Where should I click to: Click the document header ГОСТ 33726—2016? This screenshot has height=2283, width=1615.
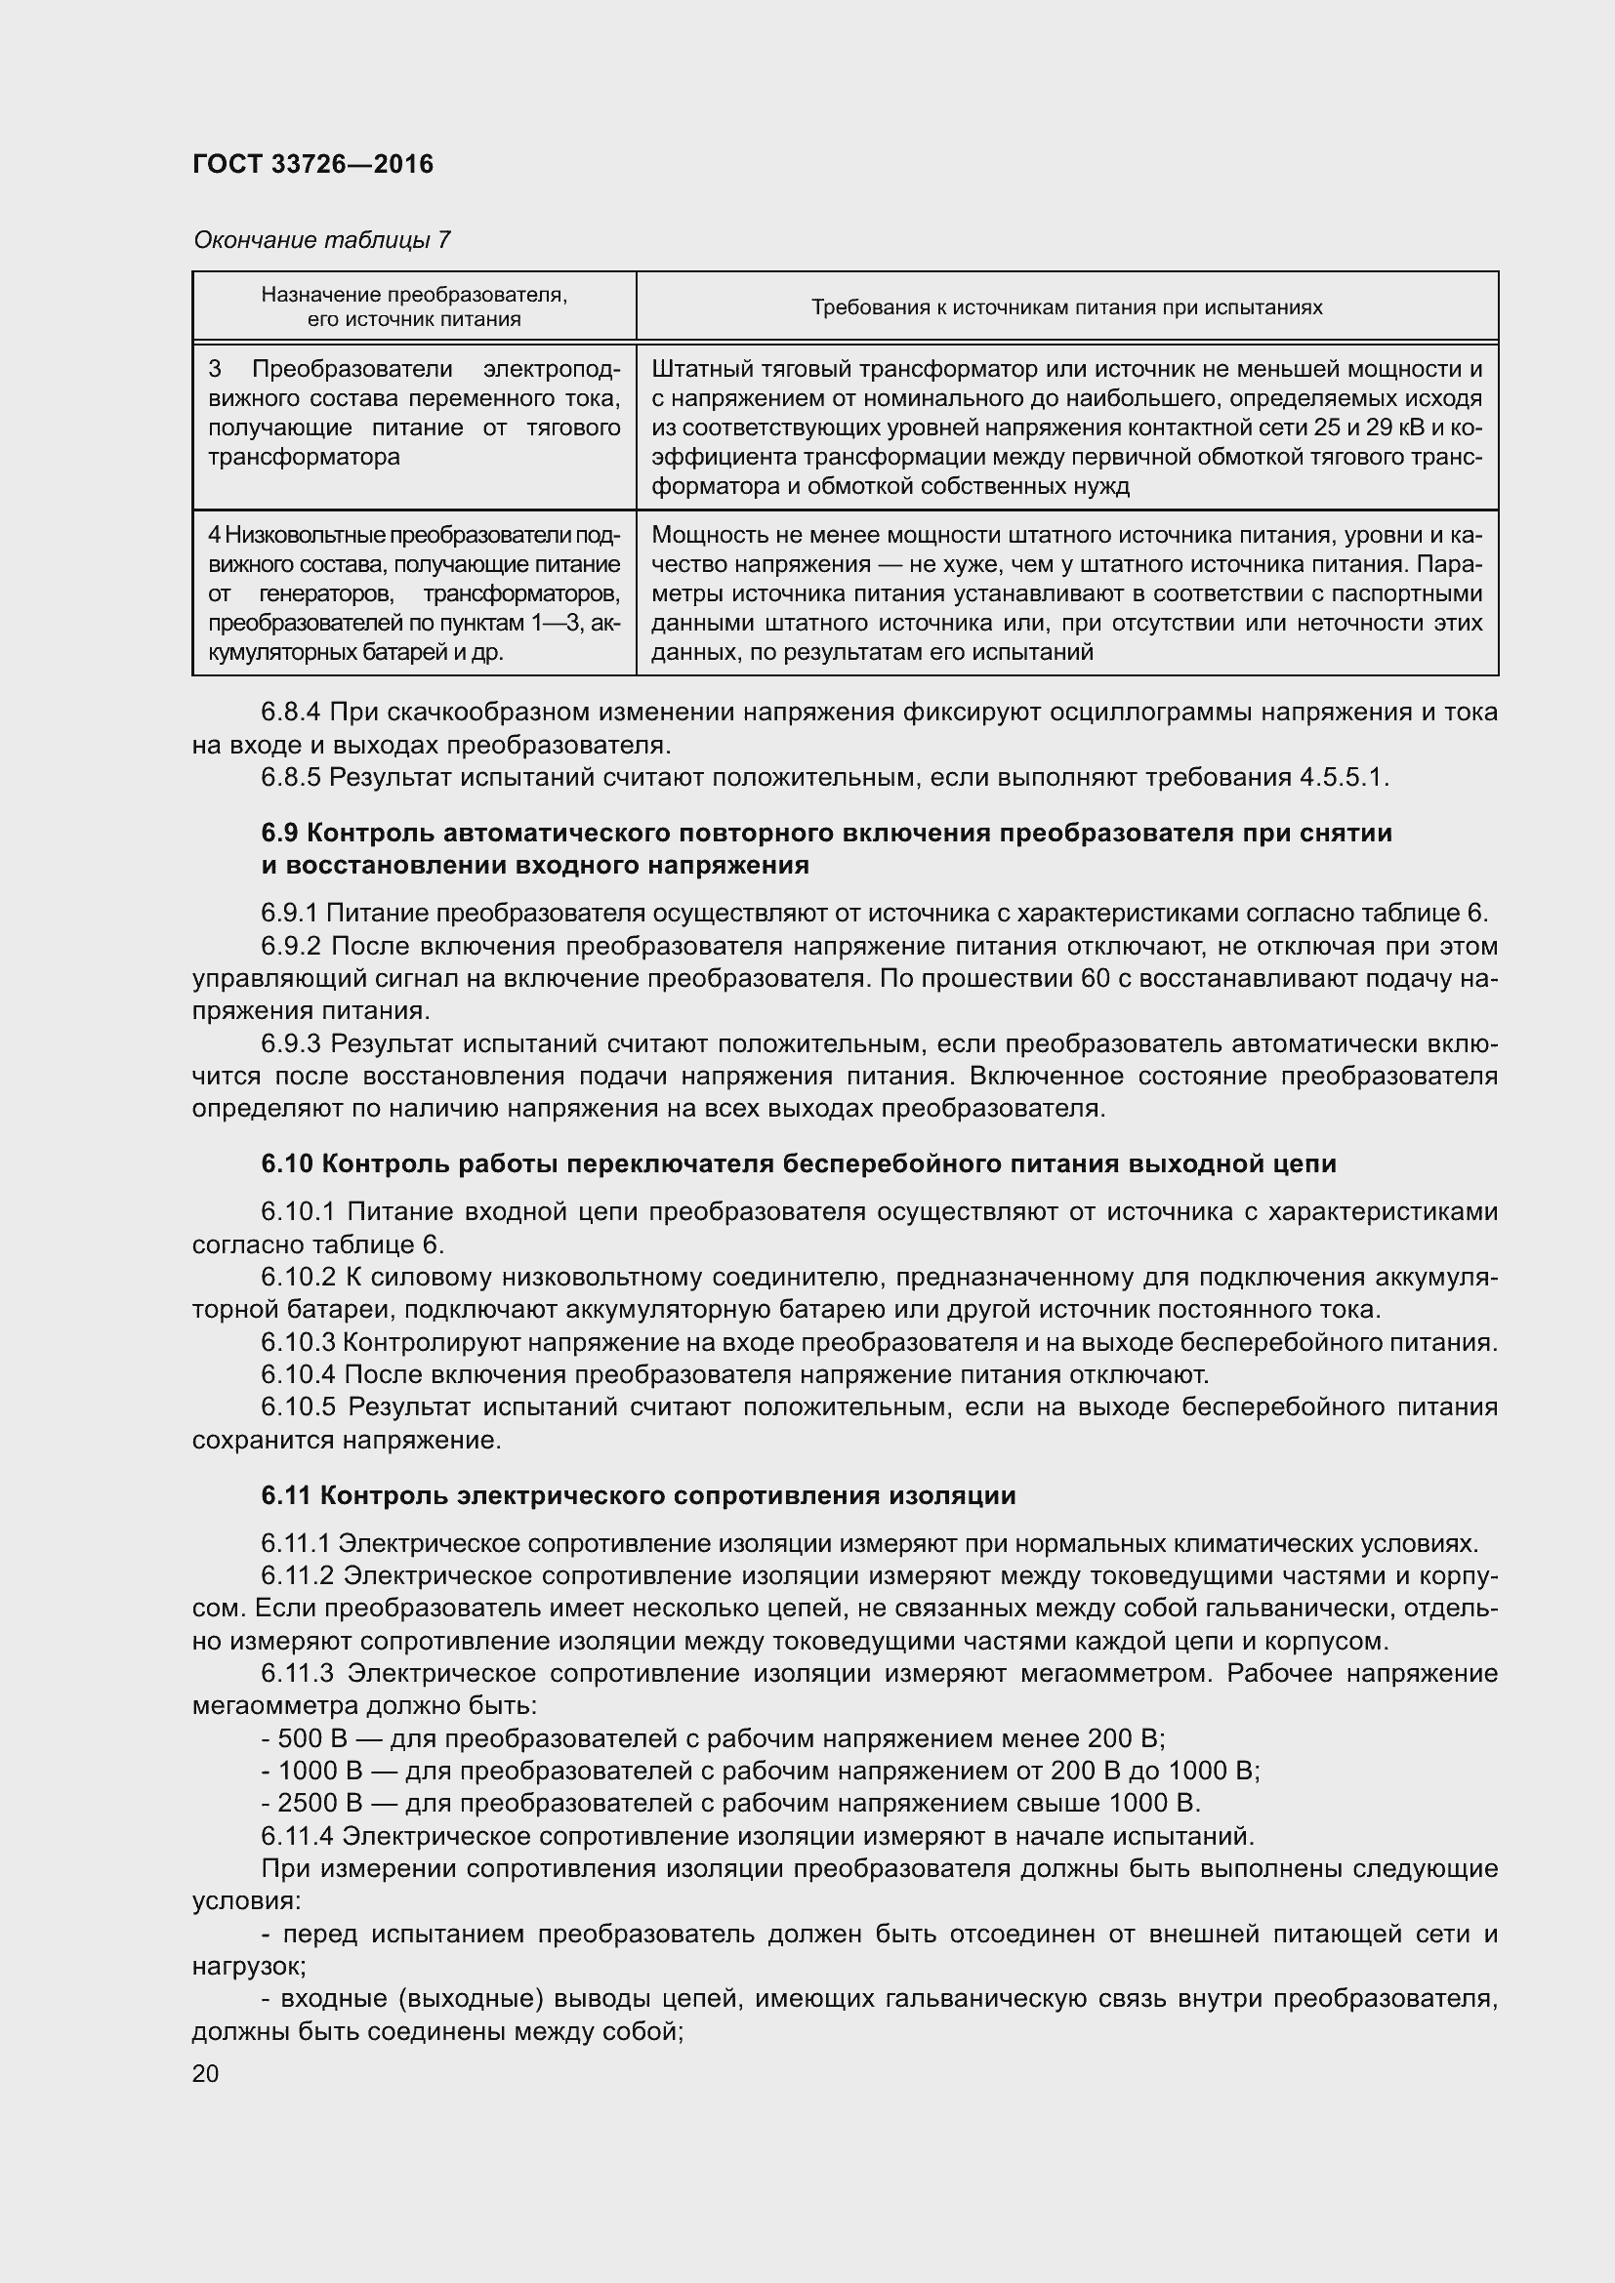pos(313,164)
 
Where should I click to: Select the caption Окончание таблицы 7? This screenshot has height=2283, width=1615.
pos(322,240)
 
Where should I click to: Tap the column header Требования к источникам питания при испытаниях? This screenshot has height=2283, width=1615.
pos(1066,307)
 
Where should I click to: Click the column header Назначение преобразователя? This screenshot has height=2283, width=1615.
pos(414,295)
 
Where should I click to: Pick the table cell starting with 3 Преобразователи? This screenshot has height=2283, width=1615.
pos(414,414)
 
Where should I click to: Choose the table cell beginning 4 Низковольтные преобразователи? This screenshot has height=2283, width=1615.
pos(414,593)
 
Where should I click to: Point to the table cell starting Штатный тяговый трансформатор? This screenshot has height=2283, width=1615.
pos(1066,428)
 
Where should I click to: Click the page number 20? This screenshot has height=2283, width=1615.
pos(206,2073)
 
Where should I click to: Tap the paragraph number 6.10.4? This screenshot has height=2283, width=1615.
pos(299,1375)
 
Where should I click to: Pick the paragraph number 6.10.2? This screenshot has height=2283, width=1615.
pos(299,1277)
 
